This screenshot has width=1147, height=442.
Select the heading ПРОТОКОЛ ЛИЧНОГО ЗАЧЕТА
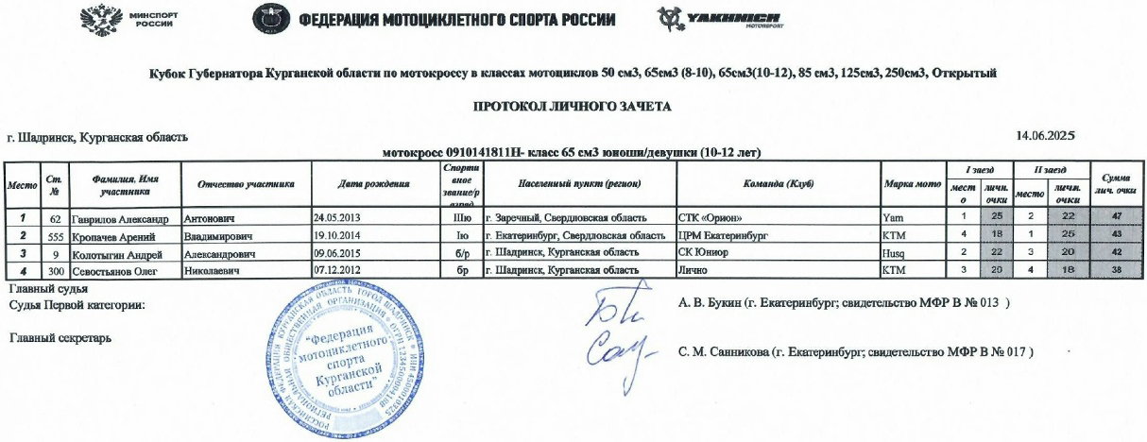pyautogui.click(x=573, y=107)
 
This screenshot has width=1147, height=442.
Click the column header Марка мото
pyautogui.click(x=910, y=184)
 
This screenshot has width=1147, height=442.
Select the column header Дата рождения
pyautogui.click(x=372, y=184)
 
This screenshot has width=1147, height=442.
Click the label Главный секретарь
pyautogui.click(x=59, y=337)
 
